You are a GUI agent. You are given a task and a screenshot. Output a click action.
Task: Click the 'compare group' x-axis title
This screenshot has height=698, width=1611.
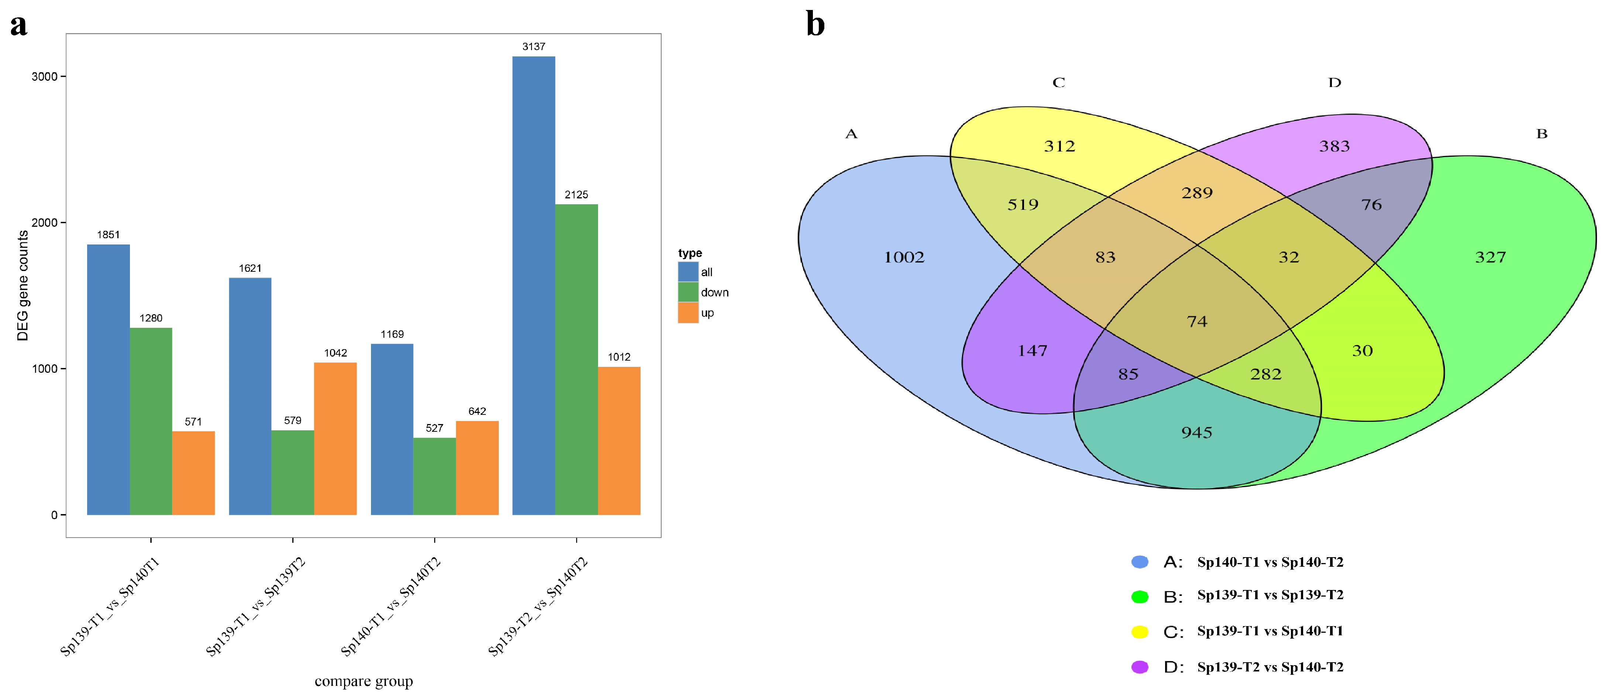(363, 681)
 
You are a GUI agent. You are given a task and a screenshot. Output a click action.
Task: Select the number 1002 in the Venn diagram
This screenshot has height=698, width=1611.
(904, 257)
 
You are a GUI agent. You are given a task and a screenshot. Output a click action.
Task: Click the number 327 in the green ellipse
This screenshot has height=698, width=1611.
(1490, 257)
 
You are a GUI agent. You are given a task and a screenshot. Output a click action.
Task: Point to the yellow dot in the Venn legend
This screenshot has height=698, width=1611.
(1140, 632)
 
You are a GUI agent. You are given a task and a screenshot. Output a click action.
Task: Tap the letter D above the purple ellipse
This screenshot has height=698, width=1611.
(1335, 83)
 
